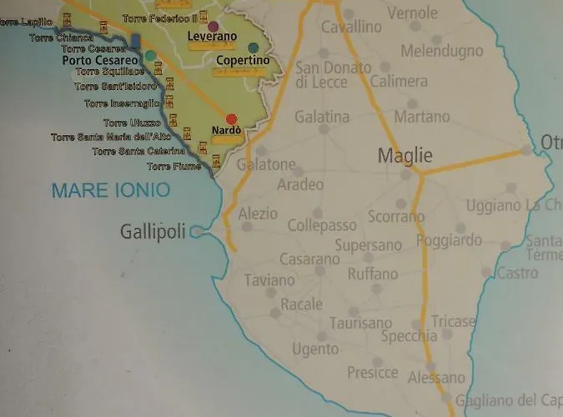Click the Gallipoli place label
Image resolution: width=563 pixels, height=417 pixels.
coord(153,232)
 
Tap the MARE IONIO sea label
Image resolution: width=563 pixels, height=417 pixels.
coord(111,190)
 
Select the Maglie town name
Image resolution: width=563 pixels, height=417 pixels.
coord(405,155)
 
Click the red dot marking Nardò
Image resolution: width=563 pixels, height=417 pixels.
coord(231,118)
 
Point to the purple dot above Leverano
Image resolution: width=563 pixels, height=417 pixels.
coord(213,27)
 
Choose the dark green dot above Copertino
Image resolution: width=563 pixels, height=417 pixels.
coord(253,48)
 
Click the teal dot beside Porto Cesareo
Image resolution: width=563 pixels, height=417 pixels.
coord(150,56)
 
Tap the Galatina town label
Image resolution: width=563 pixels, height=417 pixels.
coord(322,116)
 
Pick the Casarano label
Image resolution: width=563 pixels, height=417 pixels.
coord(309,259)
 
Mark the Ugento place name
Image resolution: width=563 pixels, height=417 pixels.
coord(315,349)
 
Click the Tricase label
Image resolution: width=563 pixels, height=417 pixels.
coord(453,321)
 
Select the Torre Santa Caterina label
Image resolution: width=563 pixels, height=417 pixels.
coord(138,151)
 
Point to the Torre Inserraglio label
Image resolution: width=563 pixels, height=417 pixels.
coord(122,103)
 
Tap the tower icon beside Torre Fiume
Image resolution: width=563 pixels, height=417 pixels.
coord(216,162)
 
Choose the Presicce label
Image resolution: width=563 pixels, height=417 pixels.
coord(372,373)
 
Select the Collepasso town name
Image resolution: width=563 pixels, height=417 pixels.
coord(322,225)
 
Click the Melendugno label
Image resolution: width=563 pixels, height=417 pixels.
coord(441,51)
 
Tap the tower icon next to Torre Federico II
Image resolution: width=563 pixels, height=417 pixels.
coord(204,16)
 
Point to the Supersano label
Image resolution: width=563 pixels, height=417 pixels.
coord(368,245)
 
